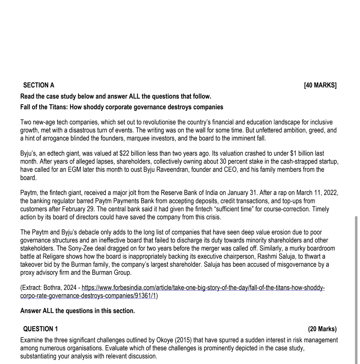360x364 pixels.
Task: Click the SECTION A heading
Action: [x=39, y=85]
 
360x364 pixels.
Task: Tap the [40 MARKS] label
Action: [x=320, y=85]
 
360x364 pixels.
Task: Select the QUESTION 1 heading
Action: [x=41, y=329]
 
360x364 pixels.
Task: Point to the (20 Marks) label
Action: [x=322, y=329]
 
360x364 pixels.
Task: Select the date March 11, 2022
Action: [x=317, y=193]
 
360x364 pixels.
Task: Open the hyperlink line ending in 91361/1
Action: [x=88, y=296]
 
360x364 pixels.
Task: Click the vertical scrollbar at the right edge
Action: [x=356, y=289]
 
